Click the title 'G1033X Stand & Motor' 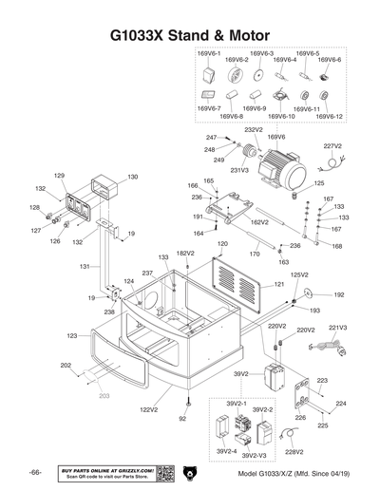tap(190, 37)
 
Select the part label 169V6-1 tap(209, 54)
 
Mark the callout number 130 tap(132, 177)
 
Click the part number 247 tap(212, 139)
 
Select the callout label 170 tap(255, 254)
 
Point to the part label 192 tap(339, 295)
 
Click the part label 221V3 tap(337, 328)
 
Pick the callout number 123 tap(71, 336)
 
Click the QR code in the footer tap(163, 473)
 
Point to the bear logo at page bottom tap(189, 473)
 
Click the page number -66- tap(34, 473)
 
